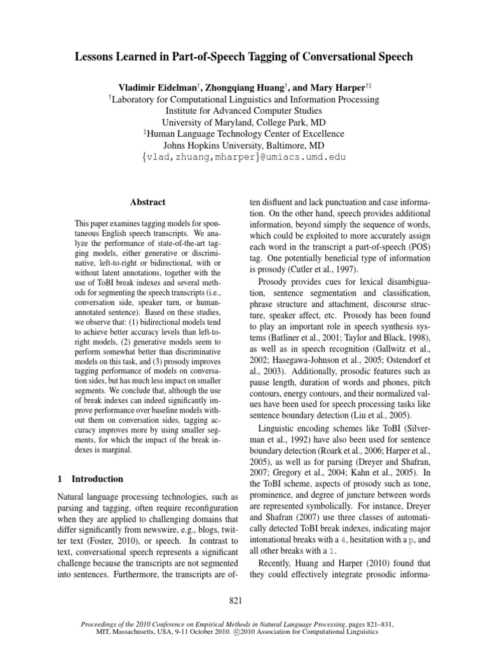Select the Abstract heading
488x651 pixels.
147,202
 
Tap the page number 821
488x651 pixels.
244,599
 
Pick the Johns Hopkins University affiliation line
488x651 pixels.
244,145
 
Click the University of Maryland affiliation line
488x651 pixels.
244,122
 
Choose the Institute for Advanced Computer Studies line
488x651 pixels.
244,111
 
